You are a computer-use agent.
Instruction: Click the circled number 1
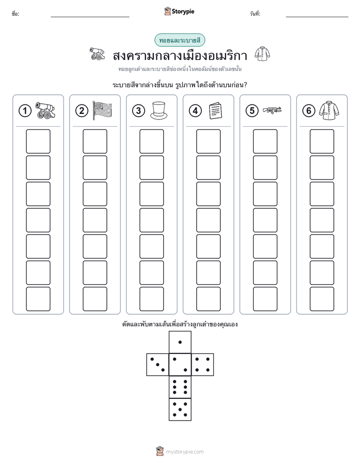point(25,111)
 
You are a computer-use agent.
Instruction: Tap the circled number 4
point(195,111)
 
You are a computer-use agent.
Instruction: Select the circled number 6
point(309,111)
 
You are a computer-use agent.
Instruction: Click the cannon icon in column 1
point(45,110)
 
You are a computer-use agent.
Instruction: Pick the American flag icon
point(102,110)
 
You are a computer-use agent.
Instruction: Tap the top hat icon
point(159,110)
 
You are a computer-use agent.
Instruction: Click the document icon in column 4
point(215,110)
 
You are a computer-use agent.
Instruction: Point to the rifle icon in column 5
point(272,110)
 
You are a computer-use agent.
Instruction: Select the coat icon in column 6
point(329,110)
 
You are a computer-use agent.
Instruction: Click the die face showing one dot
point(180,342)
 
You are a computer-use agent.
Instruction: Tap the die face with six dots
point(180,387)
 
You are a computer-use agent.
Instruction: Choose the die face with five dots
point(180,410)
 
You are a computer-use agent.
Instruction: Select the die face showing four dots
point(203,365)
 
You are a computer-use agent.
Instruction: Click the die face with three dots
point(157,365)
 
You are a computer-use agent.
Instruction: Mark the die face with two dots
point(180,365)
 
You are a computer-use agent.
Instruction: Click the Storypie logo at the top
point(179,11)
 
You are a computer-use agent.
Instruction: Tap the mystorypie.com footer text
point(185,452)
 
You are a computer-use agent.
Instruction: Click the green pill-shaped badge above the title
point(179,40)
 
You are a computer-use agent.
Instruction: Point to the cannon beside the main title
point(97,54)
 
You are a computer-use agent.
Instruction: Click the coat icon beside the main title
point(262,54)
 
